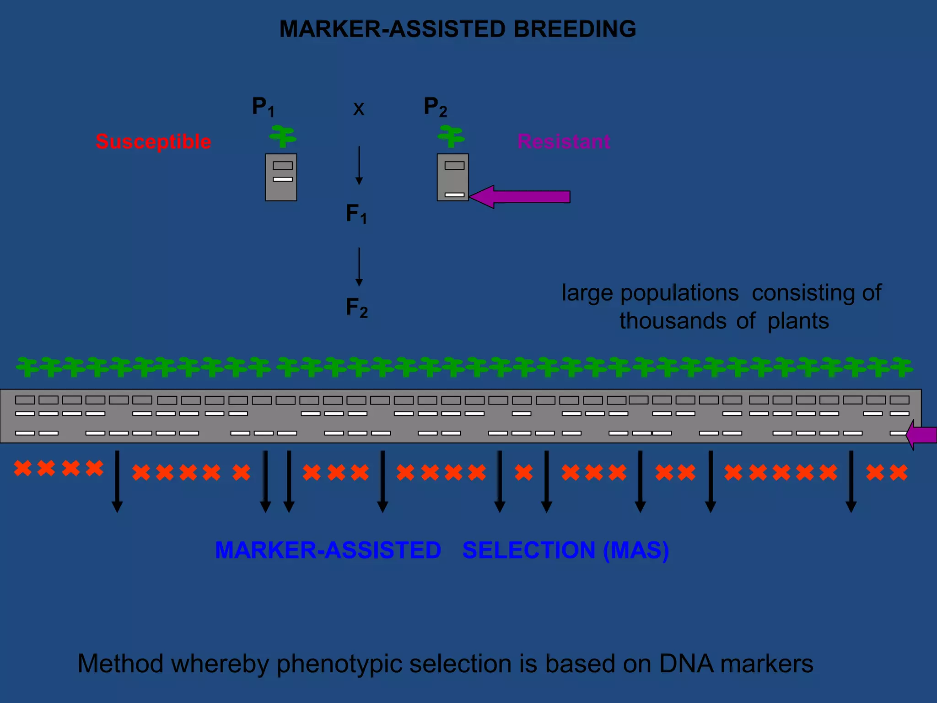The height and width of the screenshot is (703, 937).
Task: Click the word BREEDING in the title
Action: click(574, 29)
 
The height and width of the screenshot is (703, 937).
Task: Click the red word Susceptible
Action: click(153, 141)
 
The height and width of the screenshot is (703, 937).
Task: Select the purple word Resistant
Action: click(563, 141)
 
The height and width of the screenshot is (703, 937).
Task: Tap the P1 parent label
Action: click(263, 107)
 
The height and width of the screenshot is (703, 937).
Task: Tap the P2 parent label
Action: click(435, 107)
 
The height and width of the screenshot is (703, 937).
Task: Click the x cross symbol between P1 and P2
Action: click(359, 109)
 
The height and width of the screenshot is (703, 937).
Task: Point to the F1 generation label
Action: click(356, 214)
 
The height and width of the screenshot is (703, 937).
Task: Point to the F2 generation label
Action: click(356, 308)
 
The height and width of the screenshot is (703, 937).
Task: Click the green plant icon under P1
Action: click(283, 136)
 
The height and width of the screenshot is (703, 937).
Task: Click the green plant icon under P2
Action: click(451, 136)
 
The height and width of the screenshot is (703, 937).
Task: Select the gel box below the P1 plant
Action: click(281, 178)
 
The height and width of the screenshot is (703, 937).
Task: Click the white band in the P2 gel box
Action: click(454, 195)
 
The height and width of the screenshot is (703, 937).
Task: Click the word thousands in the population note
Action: click(673, 321)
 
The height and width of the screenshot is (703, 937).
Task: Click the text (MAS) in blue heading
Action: click(636, 550)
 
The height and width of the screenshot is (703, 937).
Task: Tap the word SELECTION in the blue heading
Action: click(528, 550)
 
